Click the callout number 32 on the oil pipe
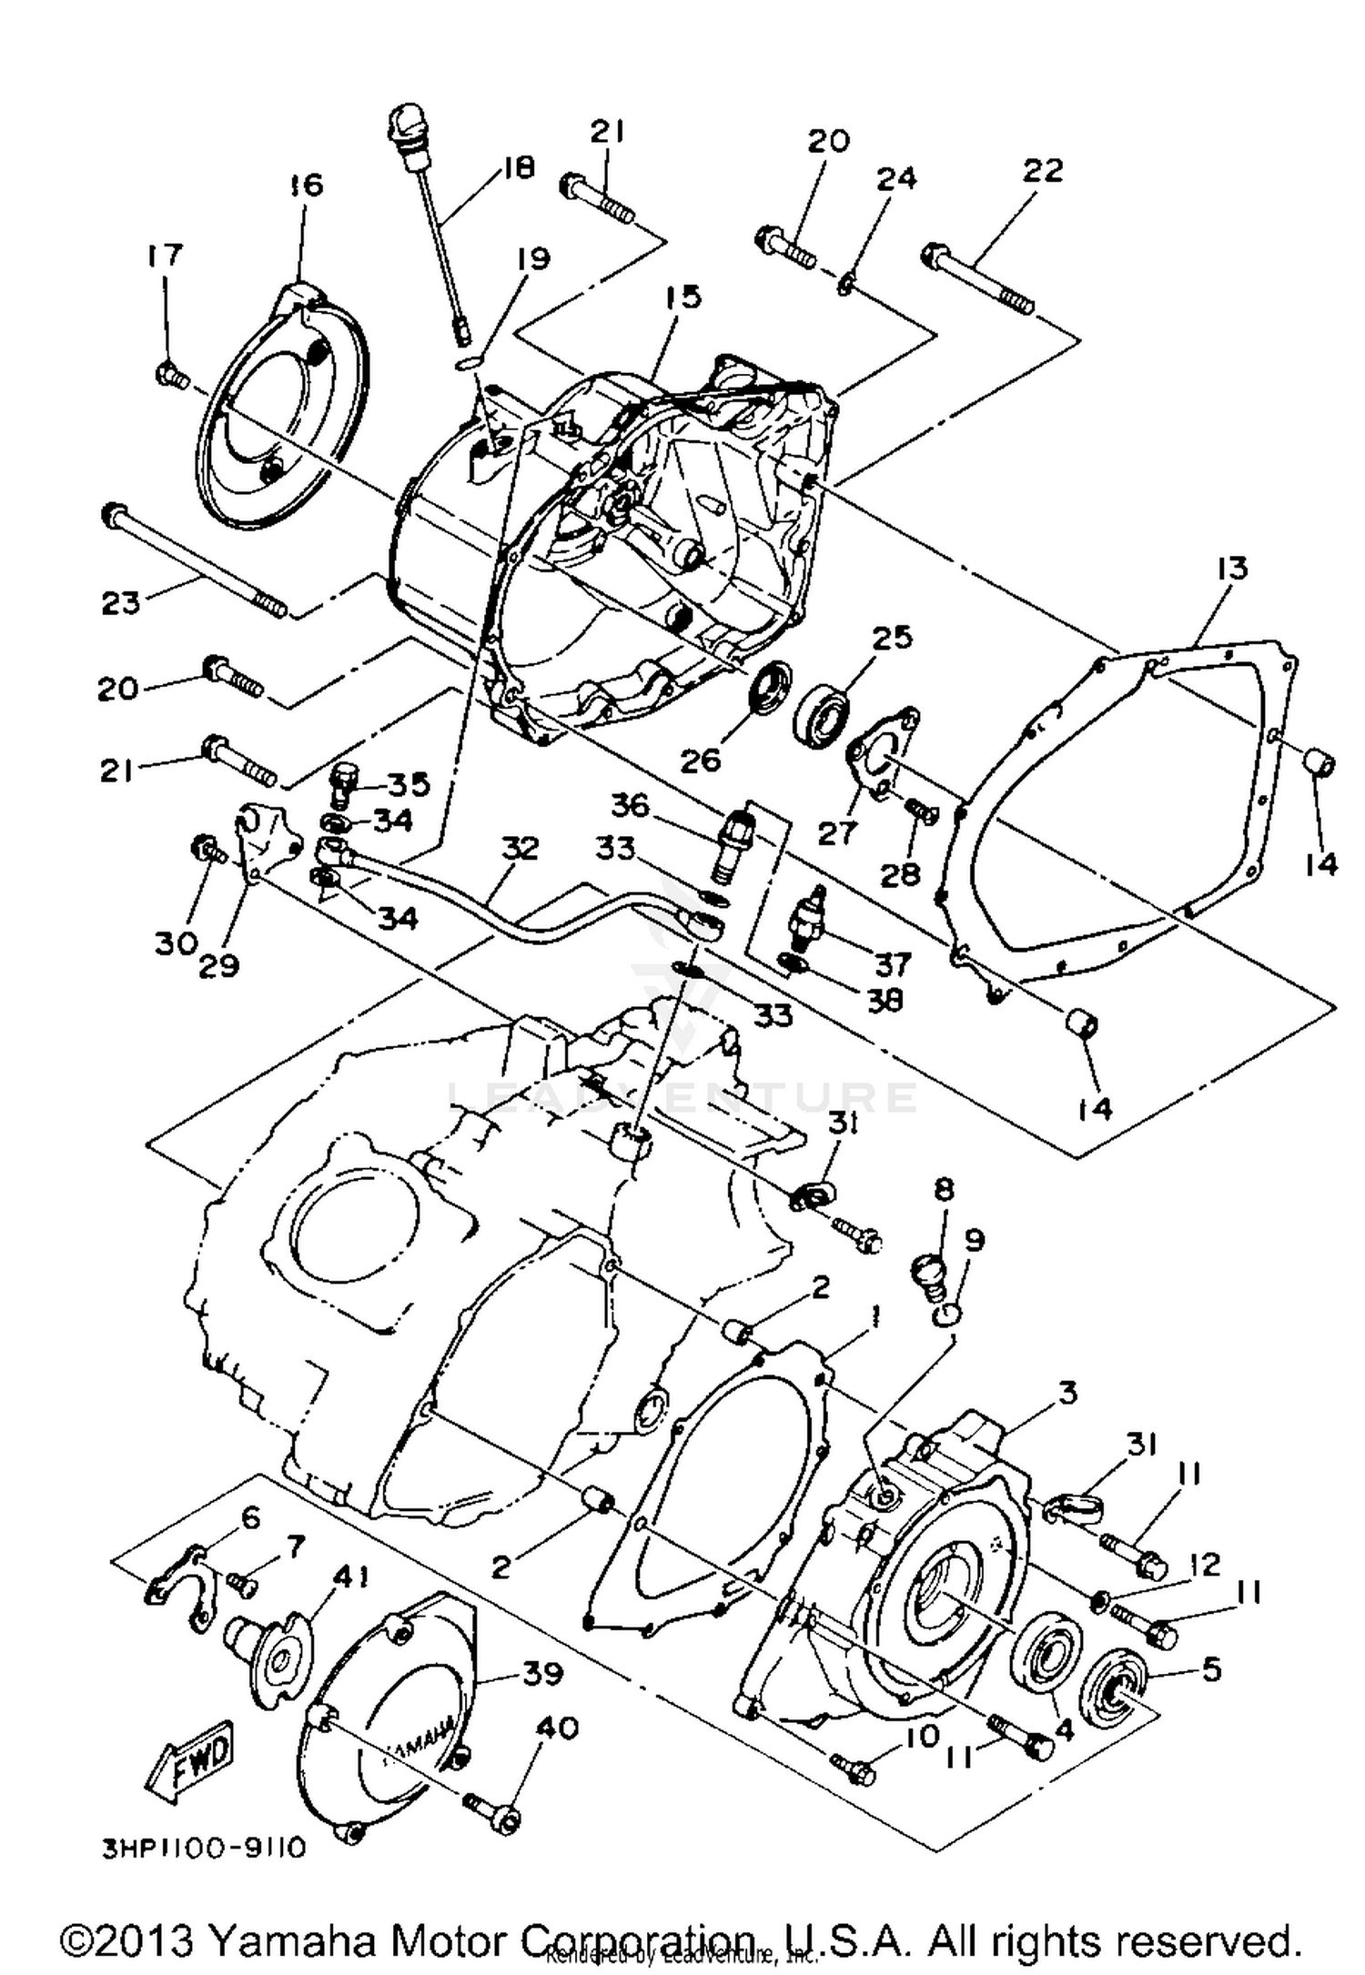[x=520, y=849]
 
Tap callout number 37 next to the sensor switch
[x=893, y=963]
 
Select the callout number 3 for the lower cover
[x=1067, y=1393]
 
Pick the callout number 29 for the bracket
[x=218, y=964]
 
